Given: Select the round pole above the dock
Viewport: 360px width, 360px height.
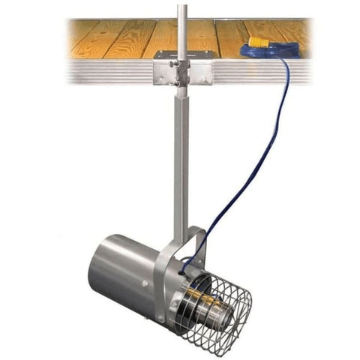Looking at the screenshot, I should click(181, 26).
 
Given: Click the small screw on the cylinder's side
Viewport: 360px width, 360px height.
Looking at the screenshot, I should click(144, 285).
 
